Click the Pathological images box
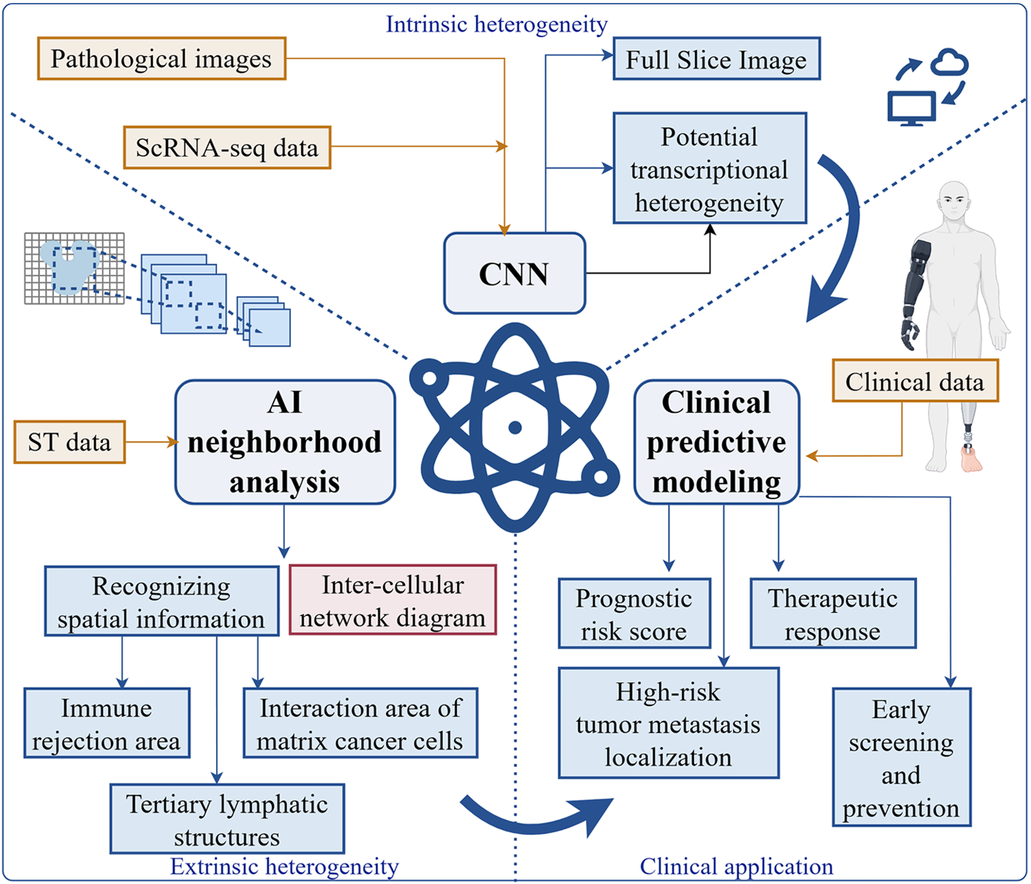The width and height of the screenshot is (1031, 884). click(x=161, y=58)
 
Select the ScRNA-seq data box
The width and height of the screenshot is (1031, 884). click(x=227, y=147)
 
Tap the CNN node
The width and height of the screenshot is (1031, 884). click(x=514, y=274)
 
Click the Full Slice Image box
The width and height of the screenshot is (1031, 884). click(x=716, y=59)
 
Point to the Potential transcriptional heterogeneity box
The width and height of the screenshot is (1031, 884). click(x=709, y=169)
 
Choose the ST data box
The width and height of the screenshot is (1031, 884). click(x=70, y=442)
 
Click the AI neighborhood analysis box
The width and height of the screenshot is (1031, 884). click(x=284, y=442)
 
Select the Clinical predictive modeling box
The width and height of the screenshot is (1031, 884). click(x=716, y=442)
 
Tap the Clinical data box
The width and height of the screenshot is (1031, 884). click(x=915, y=381)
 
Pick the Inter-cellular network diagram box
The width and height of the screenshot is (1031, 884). click(x=392, y=600)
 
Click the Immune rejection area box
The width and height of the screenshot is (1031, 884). click(x=107, y=723)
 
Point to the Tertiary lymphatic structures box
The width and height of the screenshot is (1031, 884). click(x=227, y=819)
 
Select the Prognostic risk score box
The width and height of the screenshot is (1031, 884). click(x=634, y=614)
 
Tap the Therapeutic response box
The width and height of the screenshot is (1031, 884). click(x=833, y=614)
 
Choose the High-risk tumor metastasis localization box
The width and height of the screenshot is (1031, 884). click(x=668, y=723)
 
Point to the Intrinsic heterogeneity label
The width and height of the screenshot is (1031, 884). click(x=496, y=24)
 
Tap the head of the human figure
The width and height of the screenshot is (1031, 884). click(x=953, y=200)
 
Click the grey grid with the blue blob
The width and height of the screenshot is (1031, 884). click(x=74, y=268)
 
